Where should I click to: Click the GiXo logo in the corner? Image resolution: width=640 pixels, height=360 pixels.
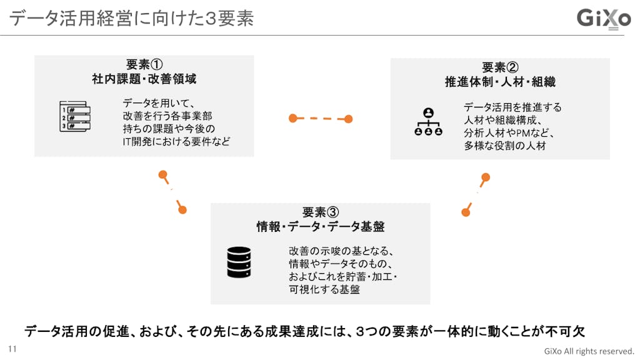coord(603,19)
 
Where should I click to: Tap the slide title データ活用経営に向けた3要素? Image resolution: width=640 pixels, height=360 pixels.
coord(131,18)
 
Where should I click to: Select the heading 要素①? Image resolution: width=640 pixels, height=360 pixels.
coord(144,64)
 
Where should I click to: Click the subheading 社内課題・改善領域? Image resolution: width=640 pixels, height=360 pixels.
coord(144,79)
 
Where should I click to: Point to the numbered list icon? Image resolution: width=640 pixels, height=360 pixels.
coord(75,116)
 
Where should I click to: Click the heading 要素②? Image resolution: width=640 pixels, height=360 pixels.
coord(500,67)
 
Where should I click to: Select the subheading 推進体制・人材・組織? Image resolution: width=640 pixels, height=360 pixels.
coord(500,82)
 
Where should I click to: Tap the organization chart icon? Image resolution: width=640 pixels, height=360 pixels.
coord(428,121)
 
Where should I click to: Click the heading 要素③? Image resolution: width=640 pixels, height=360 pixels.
coord(321,212)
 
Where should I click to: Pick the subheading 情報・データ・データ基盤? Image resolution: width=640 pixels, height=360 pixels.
coord(321,226)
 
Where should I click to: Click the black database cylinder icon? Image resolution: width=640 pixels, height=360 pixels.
coord(239,262)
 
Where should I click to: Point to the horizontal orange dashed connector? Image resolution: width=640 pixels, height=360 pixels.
coord(321,119)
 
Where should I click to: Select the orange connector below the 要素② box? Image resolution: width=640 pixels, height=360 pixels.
coord(476,195)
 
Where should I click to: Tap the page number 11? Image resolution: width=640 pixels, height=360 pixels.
coord(12,349)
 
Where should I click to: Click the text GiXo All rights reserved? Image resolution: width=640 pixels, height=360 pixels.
coord(589,351)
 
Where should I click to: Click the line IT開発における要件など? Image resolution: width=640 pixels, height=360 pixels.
coord(176,141)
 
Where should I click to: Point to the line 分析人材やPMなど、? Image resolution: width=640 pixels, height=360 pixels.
coord(509,132)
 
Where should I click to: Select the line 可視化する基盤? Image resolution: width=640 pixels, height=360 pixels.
coord(324,289)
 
